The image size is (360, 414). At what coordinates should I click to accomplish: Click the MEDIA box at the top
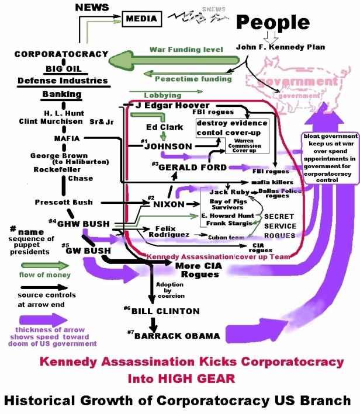click(143, 19)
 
